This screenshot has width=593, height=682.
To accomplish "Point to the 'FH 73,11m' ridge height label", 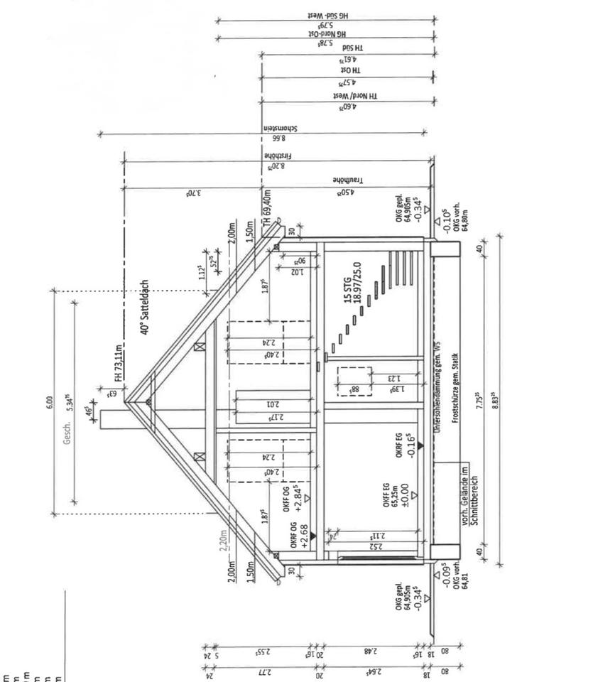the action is tap(121, 359).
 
